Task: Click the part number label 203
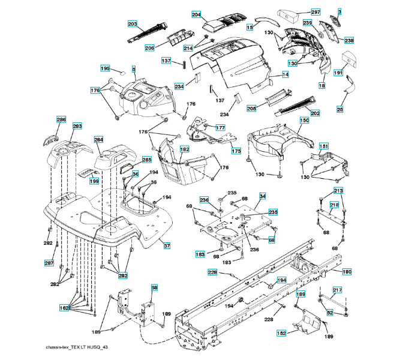[x=133, y=23]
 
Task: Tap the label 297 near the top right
[x=315, y=12]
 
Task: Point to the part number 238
[x=348, y=40]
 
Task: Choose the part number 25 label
[x=339, y=109]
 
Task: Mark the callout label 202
[x=315, y=112]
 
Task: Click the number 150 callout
[x=304, y=121]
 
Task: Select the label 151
[x=323, y=146]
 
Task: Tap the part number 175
[x=236, y=151]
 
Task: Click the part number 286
[x=61, y=120]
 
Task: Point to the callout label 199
[x=94, y=181]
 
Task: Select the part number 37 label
[x=167, y=245]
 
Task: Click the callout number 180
[x=347, y=271]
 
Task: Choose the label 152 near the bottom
[x=281, y=332]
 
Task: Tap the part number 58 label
[x=154, y=288]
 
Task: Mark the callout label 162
[x=64, y=307]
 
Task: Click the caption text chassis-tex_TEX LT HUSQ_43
[x=77, y=347]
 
